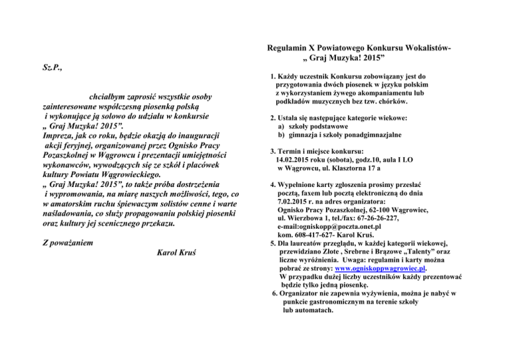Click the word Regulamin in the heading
(x=286, y=49)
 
